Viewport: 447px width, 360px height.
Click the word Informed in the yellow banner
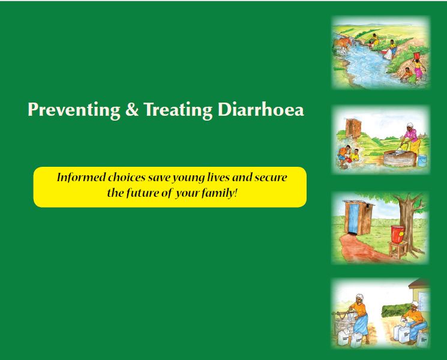[79, 178]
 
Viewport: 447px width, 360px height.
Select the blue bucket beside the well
[422, 160]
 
